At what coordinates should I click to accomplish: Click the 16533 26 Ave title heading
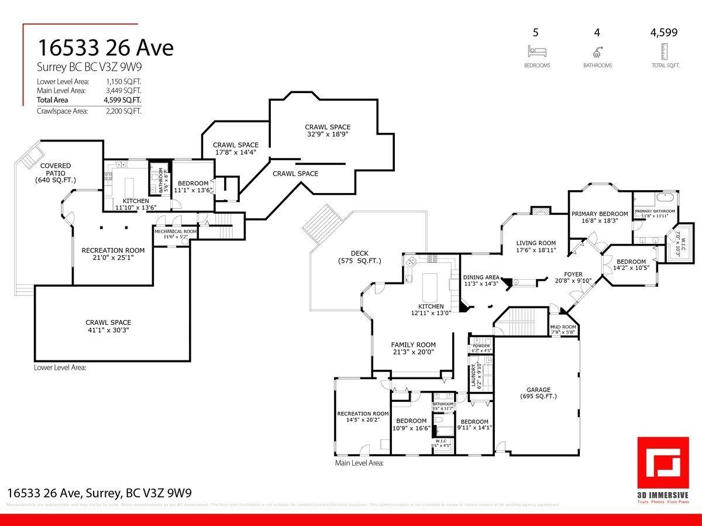point(106,47)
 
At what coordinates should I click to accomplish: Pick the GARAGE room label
point(538,390)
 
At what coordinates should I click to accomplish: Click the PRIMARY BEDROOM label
point(600,214)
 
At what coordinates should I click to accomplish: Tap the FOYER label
point(573,274)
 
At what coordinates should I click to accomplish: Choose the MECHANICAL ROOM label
point(175,231)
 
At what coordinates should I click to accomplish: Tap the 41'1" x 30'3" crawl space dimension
point(108,330)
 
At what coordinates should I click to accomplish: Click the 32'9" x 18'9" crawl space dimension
point(328,134)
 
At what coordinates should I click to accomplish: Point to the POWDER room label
point(481,346)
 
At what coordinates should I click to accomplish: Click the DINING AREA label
point(481,277)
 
